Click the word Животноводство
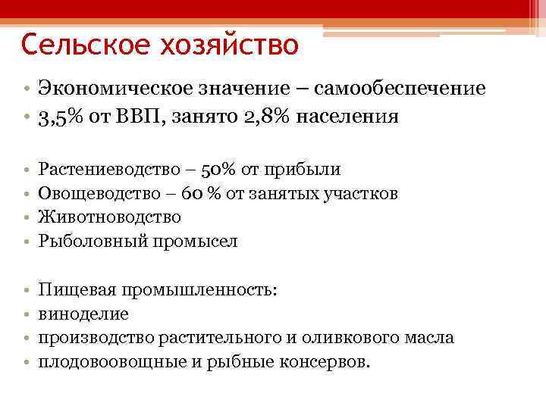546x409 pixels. coord(109,217)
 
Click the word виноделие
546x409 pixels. coord(83,314)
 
